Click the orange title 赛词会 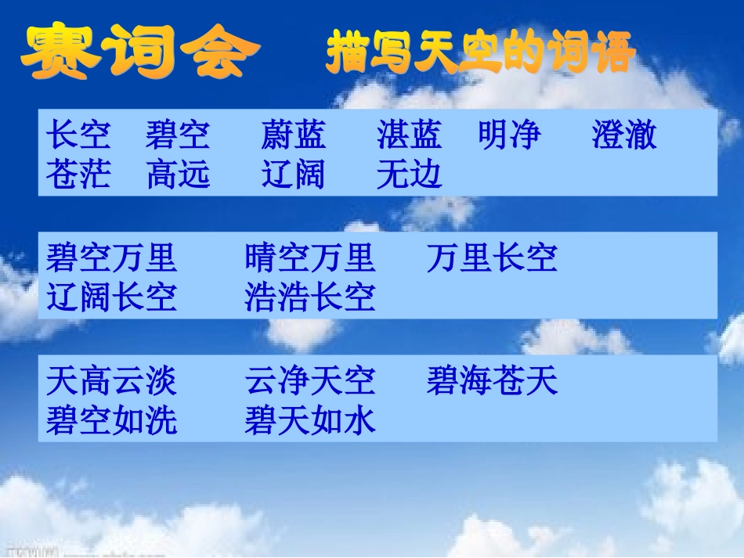pyautogui.click(x=139, y=52)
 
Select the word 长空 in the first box pyautogui.click(x=78, y=135)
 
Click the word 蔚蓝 pyautogui.click(x=293, y=135)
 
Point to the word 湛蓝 pyautogui.click(x=409, y=135)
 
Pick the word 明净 pyautogui.click(x=510, y=135)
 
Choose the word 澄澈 pyautogui.click(x=624, y=135)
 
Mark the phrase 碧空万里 pyautogui.click(x=111, y=257)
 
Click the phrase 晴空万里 pyautogui.click(x=310, y=257)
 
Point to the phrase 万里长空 pyautogui.click(x=492, y=257)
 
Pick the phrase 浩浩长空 pyautogui.click(x=310, y=297)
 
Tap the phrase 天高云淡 pyautogui.click(x=111, y=381)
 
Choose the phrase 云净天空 pyautogui.click(x=310, y=381)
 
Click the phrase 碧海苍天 pyautogui.click(x=492, y=381)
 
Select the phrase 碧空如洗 pyautogui.click(x=111, y=421)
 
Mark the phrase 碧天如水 pyautogui.click(x=310, y=421)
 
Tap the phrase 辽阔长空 pyautogui.click(x=111, y=297)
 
